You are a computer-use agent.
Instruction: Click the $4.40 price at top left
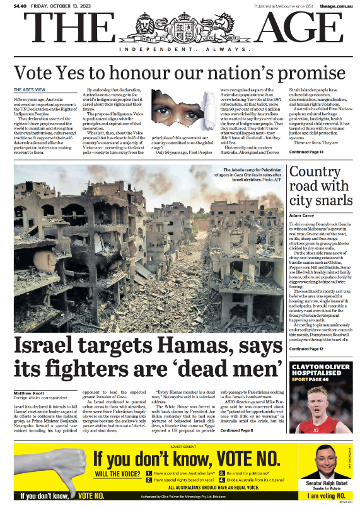[x=20, y=6]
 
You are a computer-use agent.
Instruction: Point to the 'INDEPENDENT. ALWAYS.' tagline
[x=180, y=51]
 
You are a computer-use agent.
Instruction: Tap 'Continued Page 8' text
[x=236, y=430]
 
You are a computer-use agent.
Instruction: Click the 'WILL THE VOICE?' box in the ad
[x=118, y=473]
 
